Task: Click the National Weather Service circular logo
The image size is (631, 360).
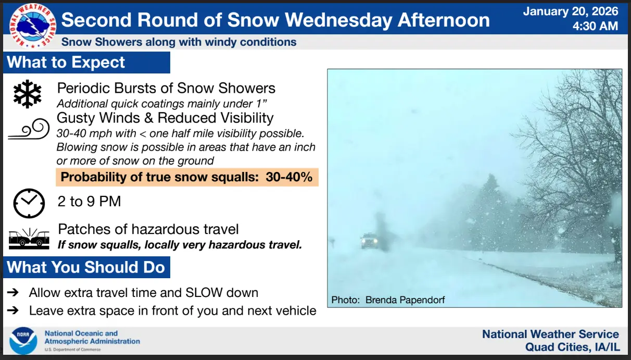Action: click(33, 26)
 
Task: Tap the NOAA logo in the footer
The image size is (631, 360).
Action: click(23, 341)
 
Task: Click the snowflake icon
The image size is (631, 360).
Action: click(27, 94)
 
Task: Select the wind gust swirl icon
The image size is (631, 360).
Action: click(29, 129)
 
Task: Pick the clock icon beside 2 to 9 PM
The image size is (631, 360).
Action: click(29, 203)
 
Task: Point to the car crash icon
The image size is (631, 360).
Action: click(29, 239)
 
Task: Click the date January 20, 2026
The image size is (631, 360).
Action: click(571, 11)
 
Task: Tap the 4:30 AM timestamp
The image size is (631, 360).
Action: click(595, 26)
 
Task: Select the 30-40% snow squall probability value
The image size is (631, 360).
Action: click(289, 177)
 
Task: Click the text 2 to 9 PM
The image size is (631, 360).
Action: click(90, 202)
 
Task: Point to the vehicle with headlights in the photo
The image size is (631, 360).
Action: click(369, 241)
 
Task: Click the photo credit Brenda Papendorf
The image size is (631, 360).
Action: click(405, 300)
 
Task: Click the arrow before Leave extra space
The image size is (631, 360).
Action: click(13, 311)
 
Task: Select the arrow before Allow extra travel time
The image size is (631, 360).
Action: click(13, 292)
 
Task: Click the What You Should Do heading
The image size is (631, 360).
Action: click(86, 267)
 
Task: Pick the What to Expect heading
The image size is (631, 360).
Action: click(66, 63)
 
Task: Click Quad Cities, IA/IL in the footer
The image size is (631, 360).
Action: click(572, 347)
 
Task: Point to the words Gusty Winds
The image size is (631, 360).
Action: click(98, 118)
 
